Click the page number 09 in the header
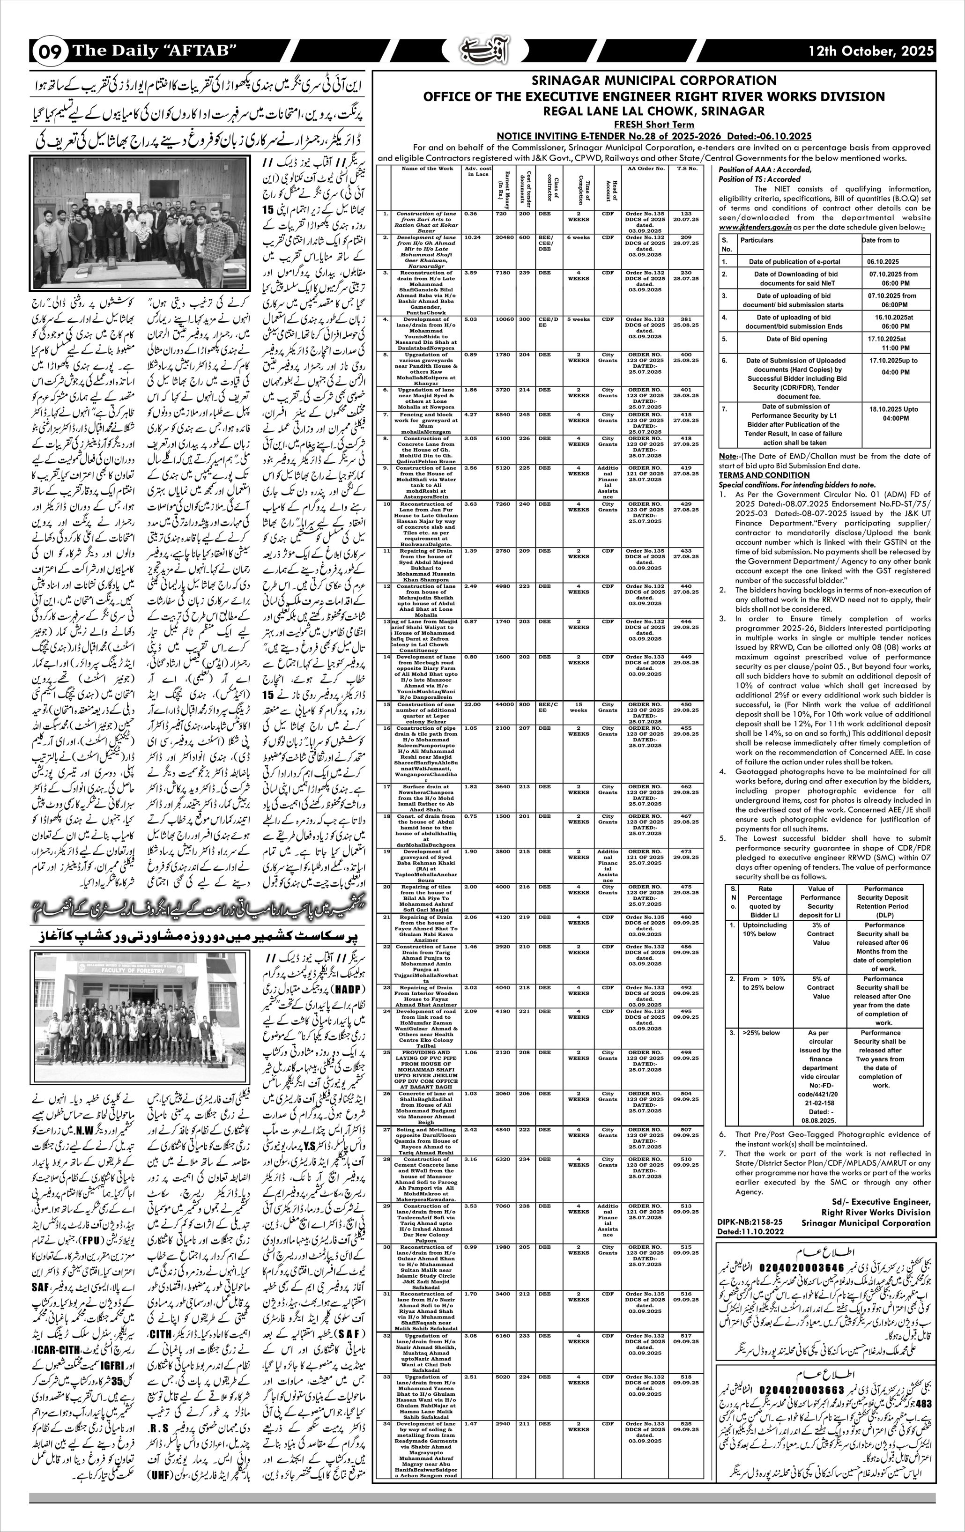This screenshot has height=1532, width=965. (x=48, y=52)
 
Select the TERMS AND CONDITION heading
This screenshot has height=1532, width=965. (x=756, y=474)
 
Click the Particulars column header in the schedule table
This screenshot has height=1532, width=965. (x=757, y=240)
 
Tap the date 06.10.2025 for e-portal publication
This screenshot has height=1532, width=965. (x=883, y=261)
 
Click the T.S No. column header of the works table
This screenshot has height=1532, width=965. (x=686, y=169)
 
